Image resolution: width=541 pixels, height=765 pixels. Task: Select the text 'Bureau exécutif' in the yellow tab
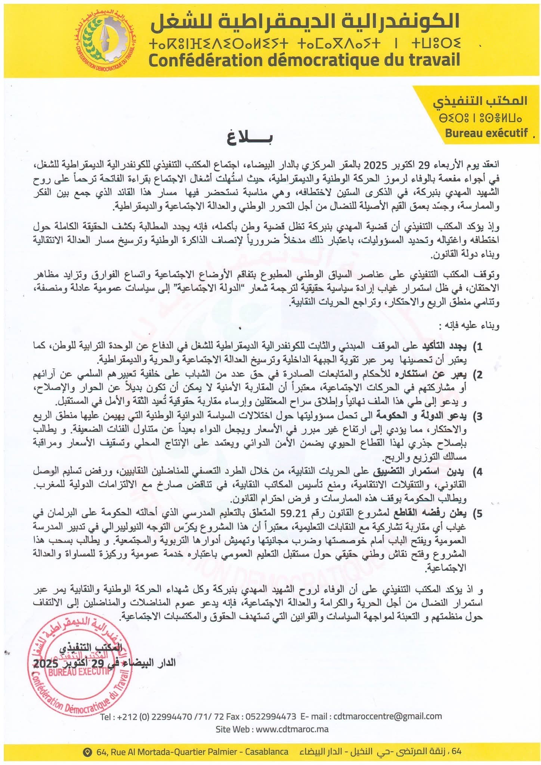pyautogui.click(x=486, y=133)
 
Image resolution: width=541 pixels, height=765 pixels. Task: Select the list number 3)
pyautogui.click(x=477, y=416)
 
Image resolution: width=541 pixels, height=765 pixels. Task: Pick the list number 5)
pyautogui.click(x=477, y=514)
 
